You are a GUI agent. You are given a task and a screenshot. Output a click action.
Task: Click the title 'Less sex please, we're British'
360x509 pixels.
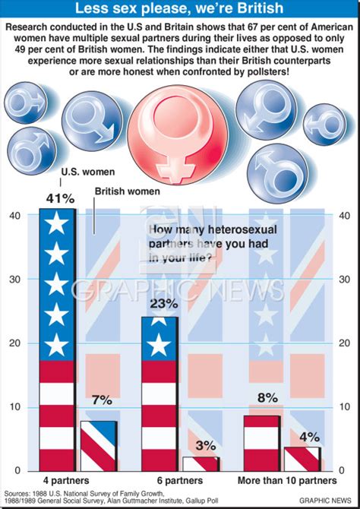[x=180, y=9]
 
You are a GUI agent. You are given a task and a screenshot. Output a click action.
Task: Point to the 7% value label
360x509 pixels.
[x=101, y=400]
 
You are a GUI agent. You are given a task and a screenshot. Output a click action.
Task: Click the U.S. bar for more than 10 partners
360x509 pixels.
[x=262, y=443]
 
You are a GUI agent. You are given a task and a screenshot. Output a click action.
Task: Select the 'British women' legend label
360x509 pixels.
[x=125, y=192]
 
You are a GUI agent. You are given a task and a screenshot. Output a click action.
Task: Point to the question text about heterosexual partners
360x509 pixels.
[x=204, y=245]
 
